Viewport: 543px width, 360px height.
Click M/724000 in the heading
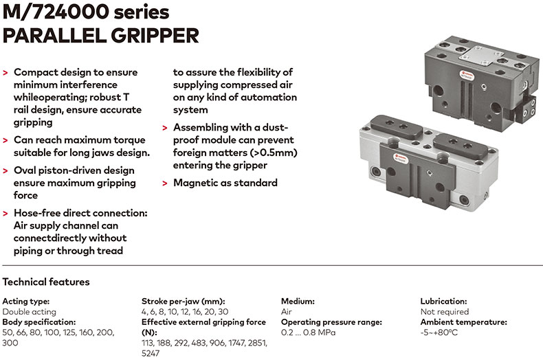(56, 12)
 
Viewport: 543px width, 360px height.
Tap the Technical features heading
(46, 282)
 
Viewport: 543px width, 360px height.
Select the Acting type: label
(26, 301)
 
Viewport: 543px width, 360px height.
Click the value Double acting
(29, 311)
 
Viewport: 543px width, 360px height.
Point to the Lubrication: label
(443, 301)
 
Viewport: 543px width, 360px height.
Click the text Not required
(445, 311)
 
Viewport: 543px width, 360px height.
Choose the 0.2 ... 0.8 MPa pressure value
(308, 333)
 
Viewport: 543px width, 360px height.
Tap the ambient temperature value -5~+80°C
(439, 333)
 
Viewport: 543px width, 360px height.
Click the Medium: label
(298, 301)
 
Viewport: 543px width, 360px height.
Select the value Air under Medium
(287, 311)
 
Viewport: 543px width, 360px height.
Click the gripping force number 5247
(151, 353)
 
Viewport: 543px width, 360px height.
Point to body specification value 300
(10, 343)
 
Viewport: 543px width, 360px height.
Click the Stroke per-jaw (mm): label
(184, 301)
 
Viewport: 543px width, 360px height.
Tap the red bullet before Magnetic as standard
(165, 183)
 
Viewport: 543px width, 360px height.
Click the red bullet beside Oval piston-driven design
(5, 171)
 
